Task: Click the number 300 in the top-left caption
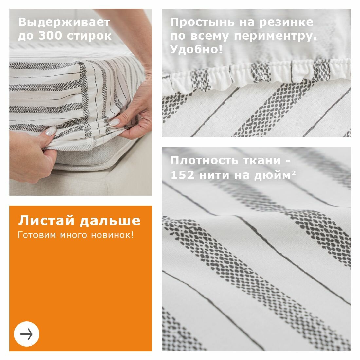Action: (50, 36)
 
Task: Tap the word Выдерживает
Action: (64, 22)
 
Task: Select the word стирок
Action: (89, 36)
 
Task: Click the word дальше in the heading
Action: (110, 221)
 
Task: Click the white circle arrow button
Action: (27, 334)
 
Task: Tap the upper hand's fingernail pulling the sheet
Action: (114, 123)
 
